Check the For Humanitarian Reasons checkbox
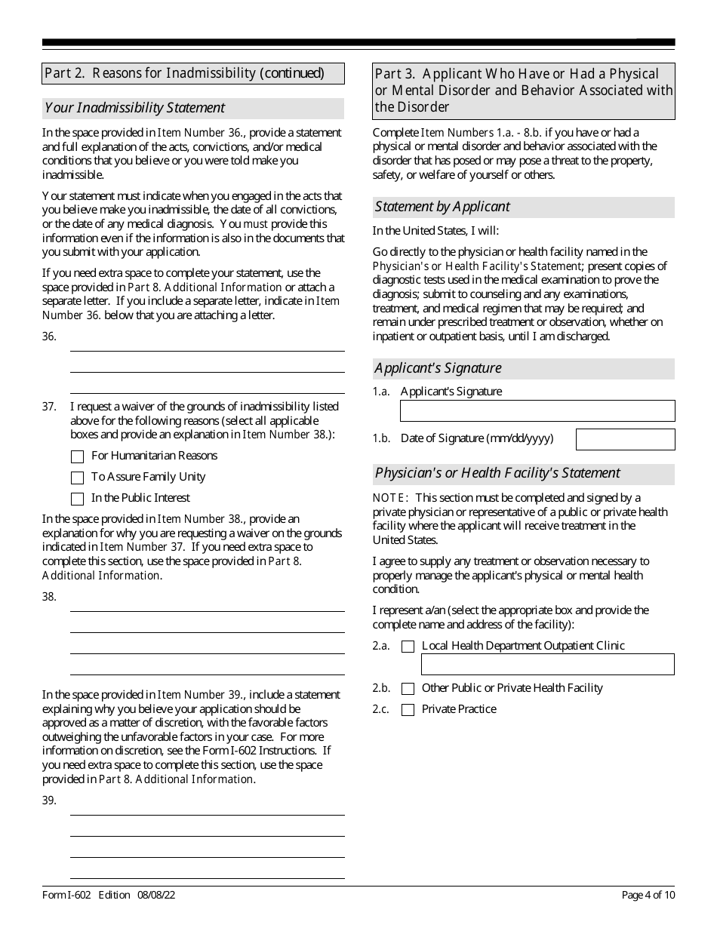click(x=77, y=456)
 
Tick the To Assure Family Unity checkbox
click(x=77, y=478)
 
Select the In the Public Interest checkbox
click(x=77, y=499)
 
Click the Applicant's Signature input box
click(x=537, y=410)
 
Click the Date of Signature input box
click(x=625, y=439)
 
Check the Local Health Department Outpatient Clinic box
click(x=408, y=647)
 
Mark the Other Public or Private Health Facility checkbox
click(x=408, y=689)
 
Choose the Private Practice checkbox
click(x=408, y=710)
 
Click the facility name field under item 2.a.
click(x=547, y=665)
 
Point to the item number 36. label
click(x=50, y=336)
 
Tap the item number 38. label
click(x=50, y=597)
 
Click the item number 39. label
click(x=50, y=800)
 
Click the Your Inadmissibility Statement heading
click(x=135, y=108)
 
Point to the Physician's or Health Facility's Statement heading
click(x=497, y=473)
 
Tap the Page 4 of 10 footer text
click(x=648, y=896)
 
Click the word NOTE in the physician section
click(x=390, y=498)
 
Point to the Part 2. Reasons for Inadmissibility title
click(x=184, y=73)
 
